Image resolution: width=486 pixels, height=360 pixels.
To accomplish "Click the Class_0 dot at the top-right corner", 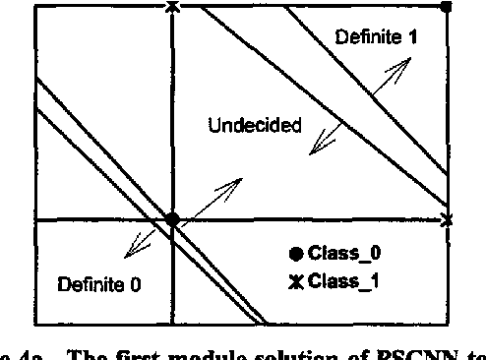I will point(446,6).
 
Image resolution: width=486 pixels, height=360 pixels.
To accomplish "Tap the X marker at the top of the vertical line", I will point(172,7).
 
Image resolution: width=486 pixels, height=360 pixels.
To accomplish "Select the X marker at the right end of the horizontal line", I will point(447,219).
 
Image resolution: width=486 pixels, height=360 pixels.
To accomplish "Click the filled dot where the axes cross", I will point(172,219).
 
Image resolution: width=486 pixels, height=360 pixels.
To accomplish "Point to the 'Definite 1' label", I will point(376,38).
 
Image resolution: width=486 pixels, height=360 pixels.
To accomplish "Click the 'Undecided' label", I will point(255,127).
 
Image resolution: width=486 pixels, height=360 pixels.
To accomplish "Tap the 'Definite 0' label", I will point(98,286).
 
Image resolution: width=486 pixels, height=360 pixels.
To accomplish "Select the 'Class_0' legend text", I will point(344,253).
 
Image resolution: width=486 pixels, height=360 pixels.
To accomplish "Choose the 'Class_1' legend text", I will point(343,282).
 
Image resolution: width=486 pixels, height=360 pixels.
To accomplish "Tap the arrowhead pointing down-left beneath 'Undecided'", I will point(315,150).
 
